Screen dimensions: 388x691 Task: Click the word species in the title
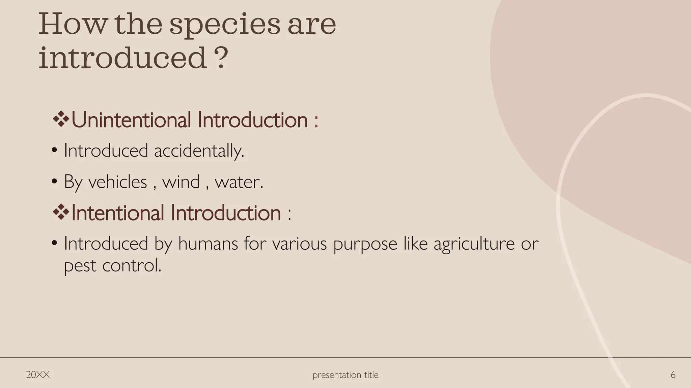[x=224, y=25]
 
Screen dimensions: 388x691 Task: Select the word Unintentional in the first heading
[x=131, y=120]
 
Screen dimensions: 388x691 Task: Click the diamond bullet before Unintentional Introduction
[x=61, y=119]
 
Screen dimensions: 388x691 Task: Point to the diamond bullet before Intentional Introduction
[x=61, y=212]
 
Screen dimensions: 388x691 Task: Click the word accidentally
[x=199, y=151]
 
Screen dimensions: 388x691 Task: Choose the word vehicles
[x=117, y=182]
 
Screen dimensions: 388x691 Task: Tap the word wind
[x=181, y=182]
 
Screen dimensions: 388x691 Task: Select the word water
[x=239, y=182]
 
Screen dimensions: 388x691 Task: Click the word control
[x=132, y=265]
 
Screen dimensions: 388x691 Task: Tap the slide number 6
[x=673, y=375]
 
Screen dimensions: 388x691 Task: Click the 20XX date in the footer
[x=38, y=375]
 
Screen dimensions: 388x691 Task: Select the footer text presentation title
[x=345, y=375]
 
